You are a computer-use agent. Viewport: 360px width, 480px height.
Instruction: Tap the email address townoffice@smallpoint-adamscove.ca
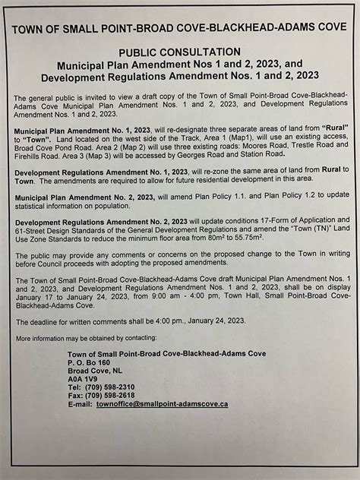(x=162, y=404)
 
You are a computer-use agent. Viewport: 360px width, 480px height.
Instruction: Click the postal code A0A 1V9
(x=82, y=377)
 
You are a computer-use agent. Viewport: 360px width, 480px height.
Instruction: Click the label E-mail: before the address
(x=80, y=404)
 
